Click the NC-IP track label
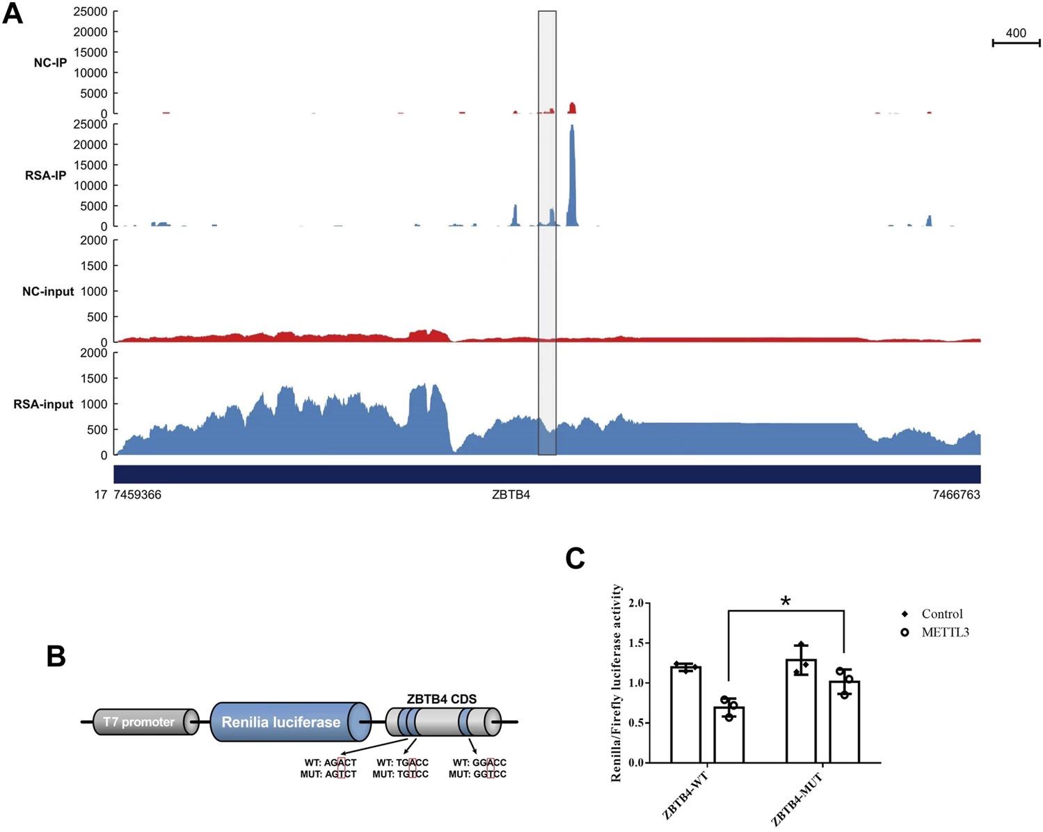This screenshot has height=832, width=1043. click(50, 63)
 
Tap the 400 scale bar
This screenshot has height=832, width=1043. click(1016, 42)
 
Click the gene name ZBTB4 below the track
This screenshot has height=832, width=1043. click(511, 495)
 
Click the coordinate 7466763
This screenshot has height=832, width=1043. click(956, 495)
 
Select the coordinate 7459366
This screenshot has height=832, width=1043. click(137, 495)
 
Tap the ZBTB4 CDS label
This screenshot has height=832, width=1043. click(442, 699)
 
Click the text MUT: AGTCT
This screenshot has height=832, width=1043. click(328, 774)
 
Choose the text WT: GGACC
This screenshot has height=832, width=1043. click(479, 762)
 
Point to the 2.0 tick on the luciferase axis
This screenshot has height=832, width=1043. click(637, 603)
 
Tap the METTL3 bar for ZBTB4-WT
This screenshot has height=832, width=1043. click(728, 735)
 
